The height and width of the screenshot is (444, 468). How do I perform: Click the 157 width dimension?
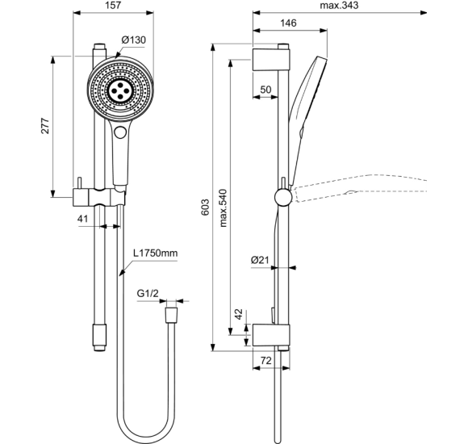click(113, 6)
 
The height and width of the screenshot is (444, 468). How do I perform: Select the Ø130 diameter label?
click(133, 40)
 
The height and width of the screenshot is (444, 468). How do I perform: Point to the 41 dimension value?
click(82, 218)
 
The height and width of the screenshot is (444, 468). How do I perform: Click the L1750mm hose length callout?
click(156, 253)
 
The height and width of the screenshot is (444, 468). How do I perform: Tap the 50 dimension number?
click(266, 87)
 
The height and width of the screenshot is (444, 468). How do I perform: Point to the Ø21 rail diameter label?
click(259, 260)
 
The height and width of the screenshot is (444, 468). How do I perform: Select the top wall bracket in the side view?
click(271, 59)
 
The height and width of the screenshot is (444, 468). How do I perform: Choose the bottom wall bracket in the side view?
click(271, 333)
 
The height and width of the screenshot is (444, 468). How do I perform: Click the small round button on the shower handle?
click(121, 132)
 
